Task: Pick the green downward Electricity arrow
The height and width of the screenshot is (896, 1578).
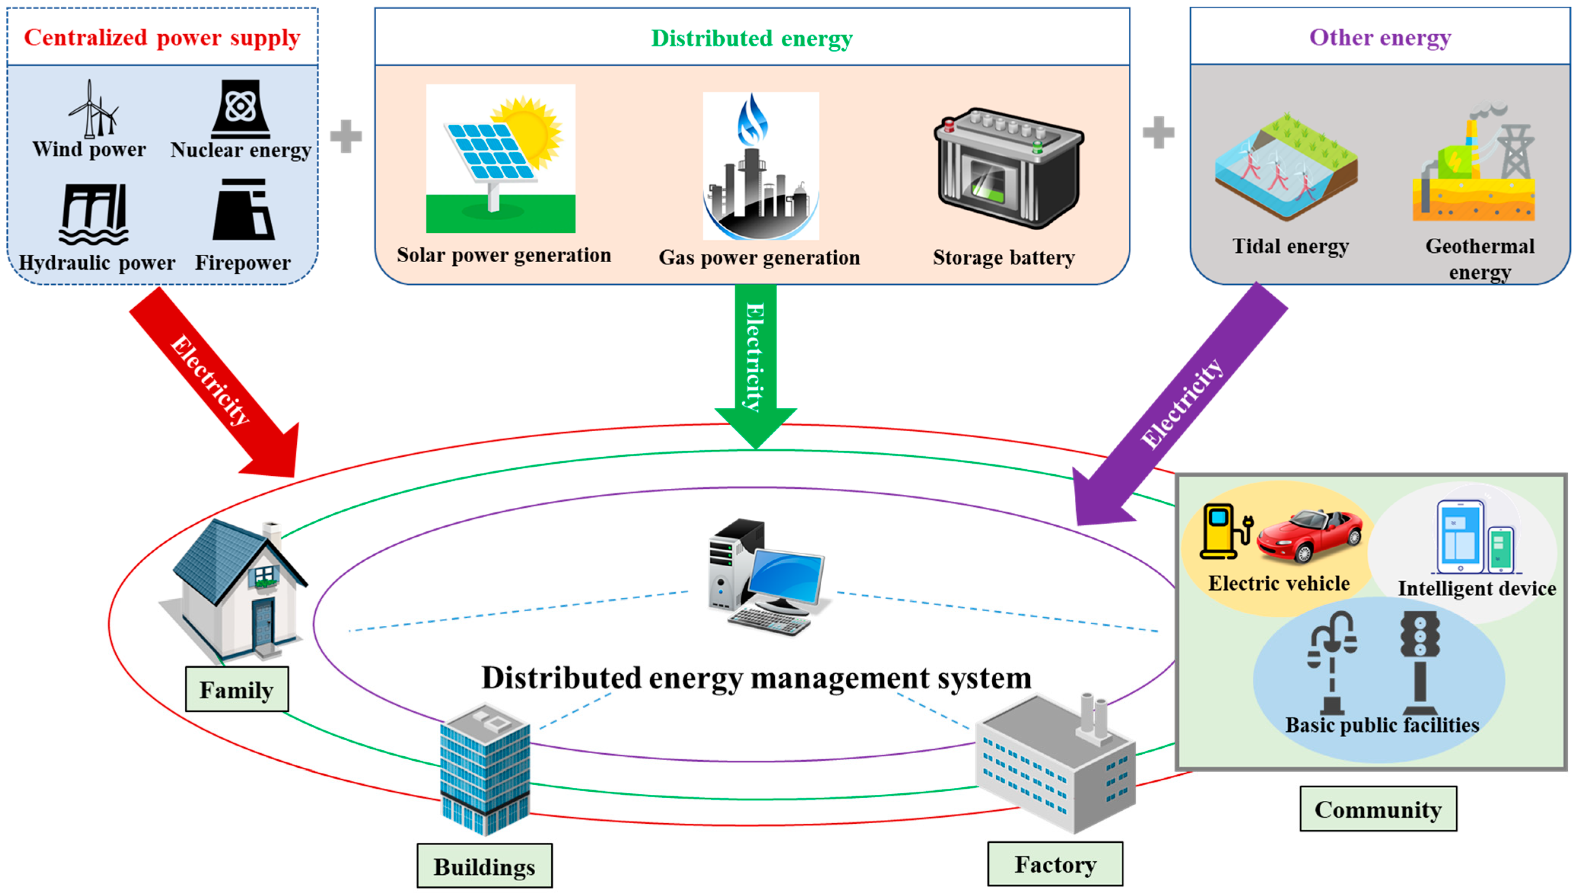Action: (x=756, y=363)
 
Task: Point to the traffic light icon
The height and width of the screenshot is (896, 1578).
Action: (x=1420, y=662)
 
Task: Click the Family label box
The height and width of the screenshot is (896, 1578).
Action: (x=237, y=689)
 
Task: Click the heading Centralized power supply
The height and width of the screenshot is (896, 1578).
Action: (x=162, y=38)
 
